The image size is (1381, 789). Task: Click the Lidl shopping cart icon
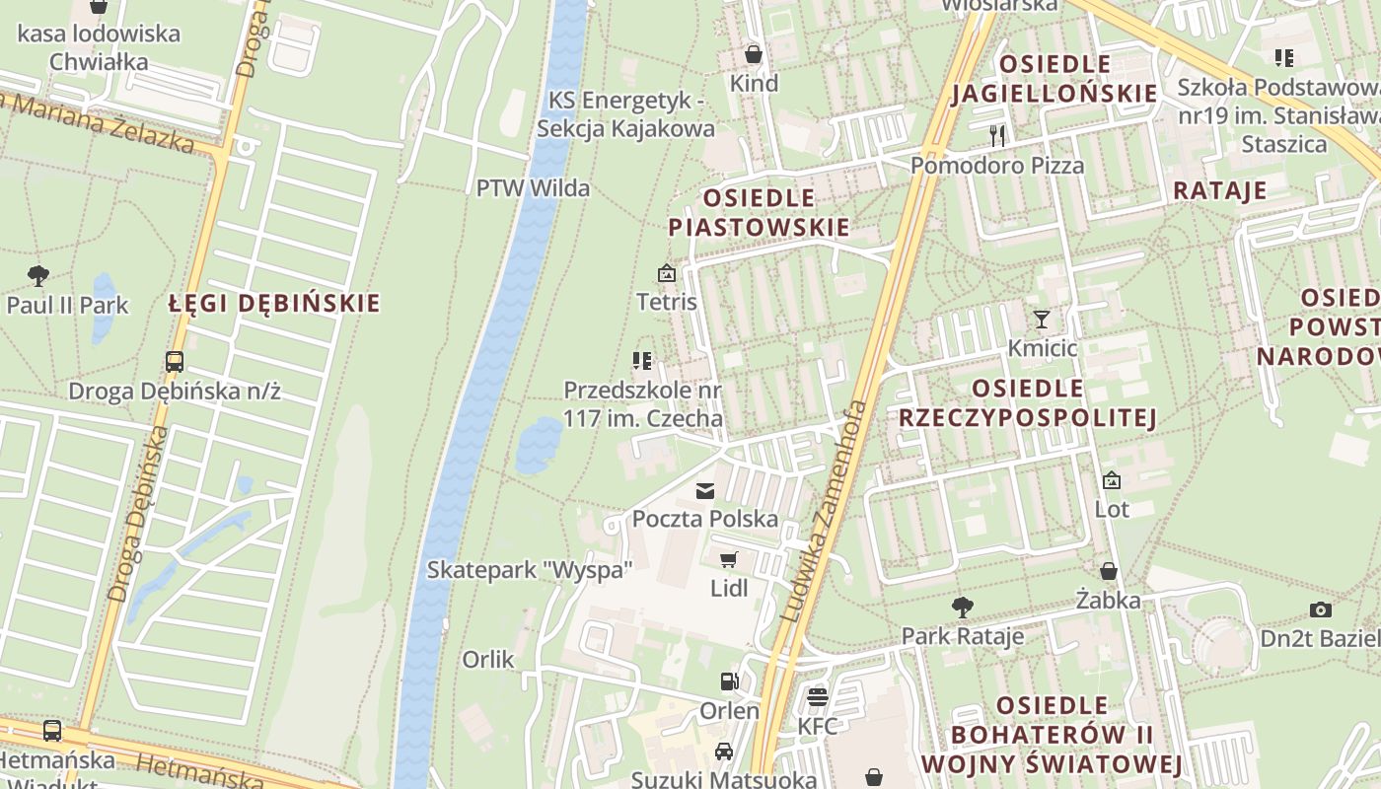pyautogui.click(x=729, y=560)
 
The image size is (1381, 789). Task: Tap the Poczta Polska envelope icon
pyautogui.click(x=705, y=490)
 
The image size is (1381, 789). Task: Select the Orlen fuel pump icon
pyautogui.click(x=729, y=681)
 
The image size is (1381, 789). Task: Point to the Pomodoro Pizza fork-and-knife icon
pyautogui.click(x=997, y=136)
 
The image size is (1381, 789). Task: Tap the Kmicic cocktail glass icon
pyautogui.click(x=1042, y=320)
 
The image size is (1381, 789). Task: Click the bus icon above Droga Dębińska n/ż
pyautogui.click(x=175, y=362)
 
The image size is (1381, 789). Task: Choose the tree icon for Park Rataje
pyautogui.click(x=962, y=608)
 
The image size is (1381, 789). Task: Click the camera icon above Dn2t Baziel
pyautogui.click(x=1321, y=610)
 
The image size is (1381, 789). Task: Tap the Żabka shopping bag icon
pyautogui.click(x=1109, y=571)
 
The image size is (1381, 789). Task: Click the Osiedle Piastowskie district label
pyautogui.click(x=759, y=213)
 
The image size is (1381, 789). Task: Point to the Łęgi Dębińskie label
pyautogui.click(x=273, y=303)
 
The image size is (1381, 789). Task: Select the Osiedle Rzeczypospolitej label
pyautogui.click(x=1027, y=402)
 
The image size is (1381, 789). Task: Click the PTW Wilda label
pyautogui.click(x=533, y=187)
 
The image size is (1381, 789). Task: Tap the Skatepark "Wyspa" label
pyautogui.click(x=529, y=569)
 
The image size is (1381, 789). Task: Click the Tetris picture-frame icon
pyautogui.click(x=667, y=273)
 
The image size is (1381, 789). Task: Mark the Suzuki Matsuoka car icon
pyautogui.click(x=724, y=752)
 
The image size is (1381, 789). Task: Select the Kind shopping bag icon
pyautogui.click(x=754, y=54)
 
